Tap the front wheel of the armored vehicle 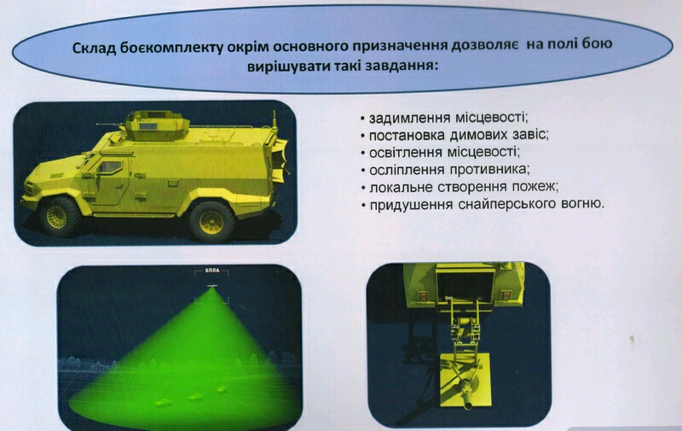tap(57, 217)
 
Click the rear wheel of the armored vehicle tap(211, 222)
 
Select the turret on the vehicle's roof tap(156, 125)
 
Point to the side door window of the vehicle tap(110, 166)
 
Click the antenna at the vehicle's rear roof tap(274, 122)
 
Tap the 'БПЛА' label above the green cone tap(211, 271)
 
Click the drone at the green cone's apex tap(212, 285)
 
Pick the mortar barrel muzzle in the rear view tap(468, 405)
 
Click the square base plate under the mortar tap(465, 381)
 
